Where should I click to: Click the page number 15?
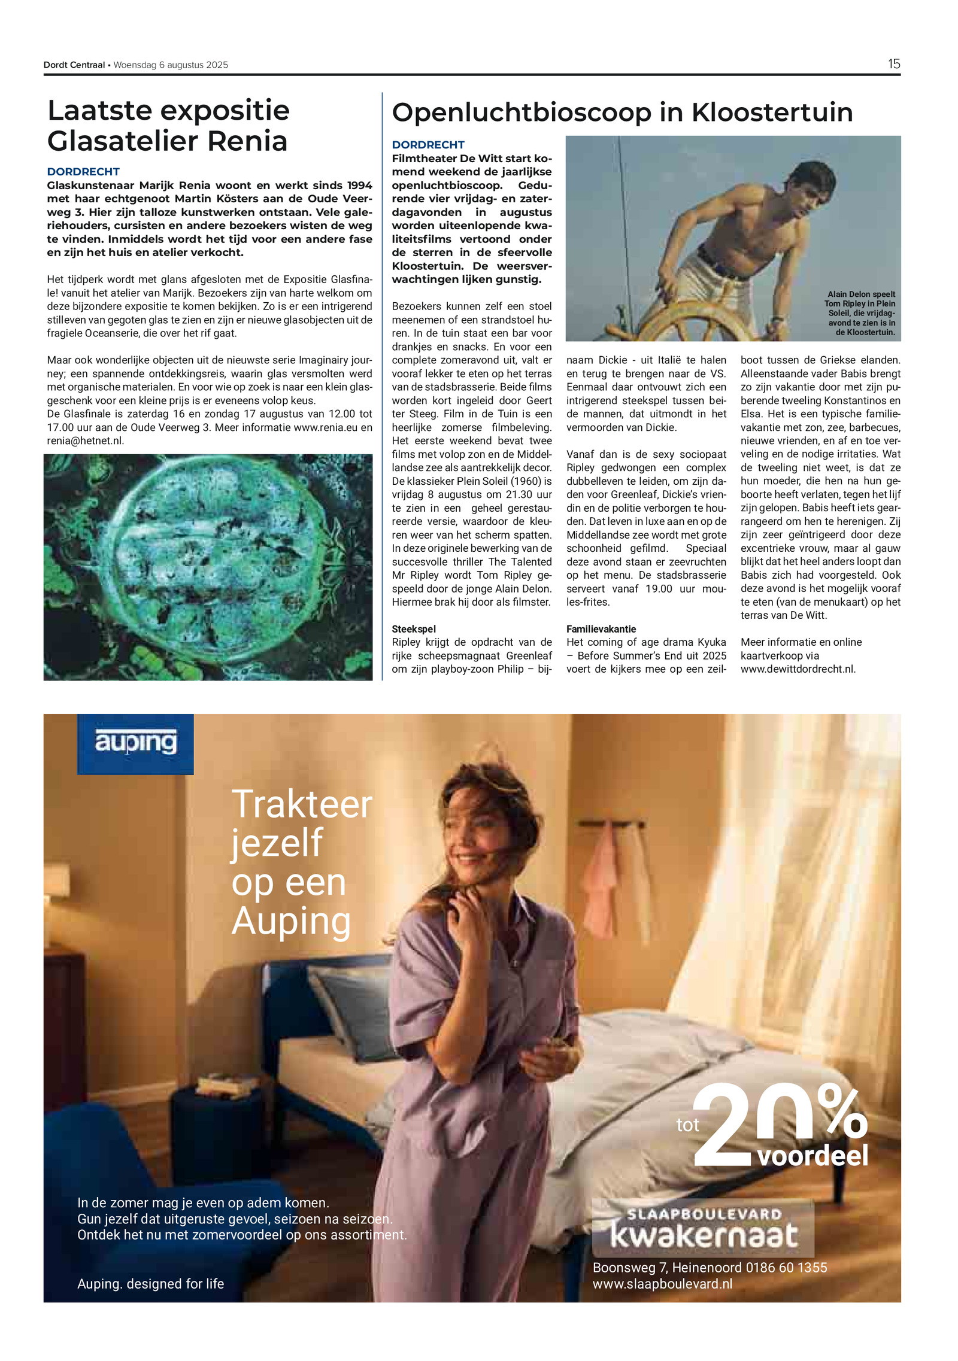click(x=893, y=64)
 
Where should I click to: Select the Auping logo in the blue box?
click(x=135, y=743)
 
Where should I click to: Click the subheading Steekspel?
click(x=414, y=629)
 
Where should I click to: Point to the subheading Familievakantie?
click(x=601, y=629)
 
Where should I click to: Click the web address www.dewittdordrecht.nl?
click(x=798, y=669)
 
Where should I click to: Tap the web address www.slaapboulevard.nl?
click(x=662, y=1284)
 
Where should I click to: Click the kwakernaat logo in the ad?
click(x=704, y=1235)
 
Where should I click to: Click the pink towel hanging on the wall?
click(x=602, y=874)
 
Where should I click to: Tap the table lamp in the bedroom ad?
click(x=57, y=934)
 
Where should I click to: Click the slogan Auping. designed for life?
click(x=150, y=1284)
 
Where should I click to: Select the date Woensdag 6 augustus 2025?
click(x=171, y=65)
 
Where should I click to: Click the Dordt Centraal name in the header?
click(x=74, y=65)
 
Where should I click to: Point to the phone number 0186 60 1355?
click(x=786, y=1268)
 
